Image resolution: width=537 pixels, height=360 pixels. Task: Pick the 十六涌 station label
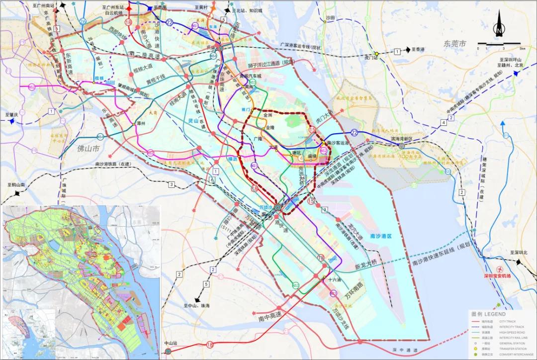click(x=335, y=279)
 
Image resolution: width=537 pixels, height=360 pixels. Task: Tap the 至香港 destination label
click(x=418, y=50)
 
